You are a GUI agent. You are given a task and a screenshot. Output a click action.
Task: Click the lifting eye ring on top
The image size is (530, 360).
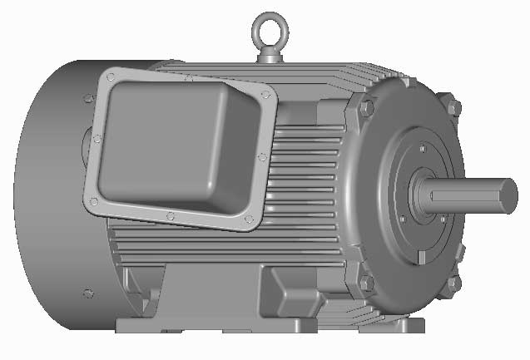point(271,26)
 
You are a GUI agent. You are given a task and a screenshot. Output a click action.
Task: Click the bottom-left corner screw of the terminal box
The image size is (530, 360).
point(91,200)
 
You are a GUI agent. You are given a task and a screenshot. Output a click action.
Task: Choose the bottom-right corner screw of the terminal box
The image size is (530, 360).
point(248,219)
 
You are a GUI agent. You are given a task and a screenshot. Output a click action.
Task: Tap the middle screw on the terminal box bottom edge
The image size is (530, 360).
point(170,216)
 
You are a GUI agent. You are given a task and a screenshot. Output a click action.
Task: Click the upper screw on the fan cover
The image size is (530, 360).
point(88,100)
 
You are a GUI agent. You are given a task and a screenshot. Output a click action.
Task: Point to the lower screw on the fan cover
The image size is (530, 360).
point(88,293)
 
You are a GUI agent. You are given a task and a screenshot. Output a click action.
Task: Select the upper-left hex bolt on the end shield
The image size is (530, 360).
point(365,107)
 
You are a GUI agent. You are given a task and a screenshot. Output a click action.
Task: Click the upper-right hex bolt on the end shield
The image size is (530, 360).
point(452,107)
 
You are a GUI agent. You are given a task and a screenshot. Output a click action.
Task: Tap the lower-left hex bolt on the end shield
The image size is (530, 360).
point(365,284)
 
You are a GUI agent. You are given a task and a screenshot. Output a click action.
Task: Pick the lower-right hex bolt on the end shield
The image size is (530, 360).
point(453,284)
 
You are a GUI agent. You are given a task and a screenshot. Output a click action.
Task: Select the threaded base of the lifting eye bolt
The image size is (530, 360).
point(271,55)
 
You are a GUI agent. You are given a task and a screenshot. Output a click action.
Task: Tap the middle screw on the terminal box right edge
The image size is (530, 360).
point(263,156)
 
